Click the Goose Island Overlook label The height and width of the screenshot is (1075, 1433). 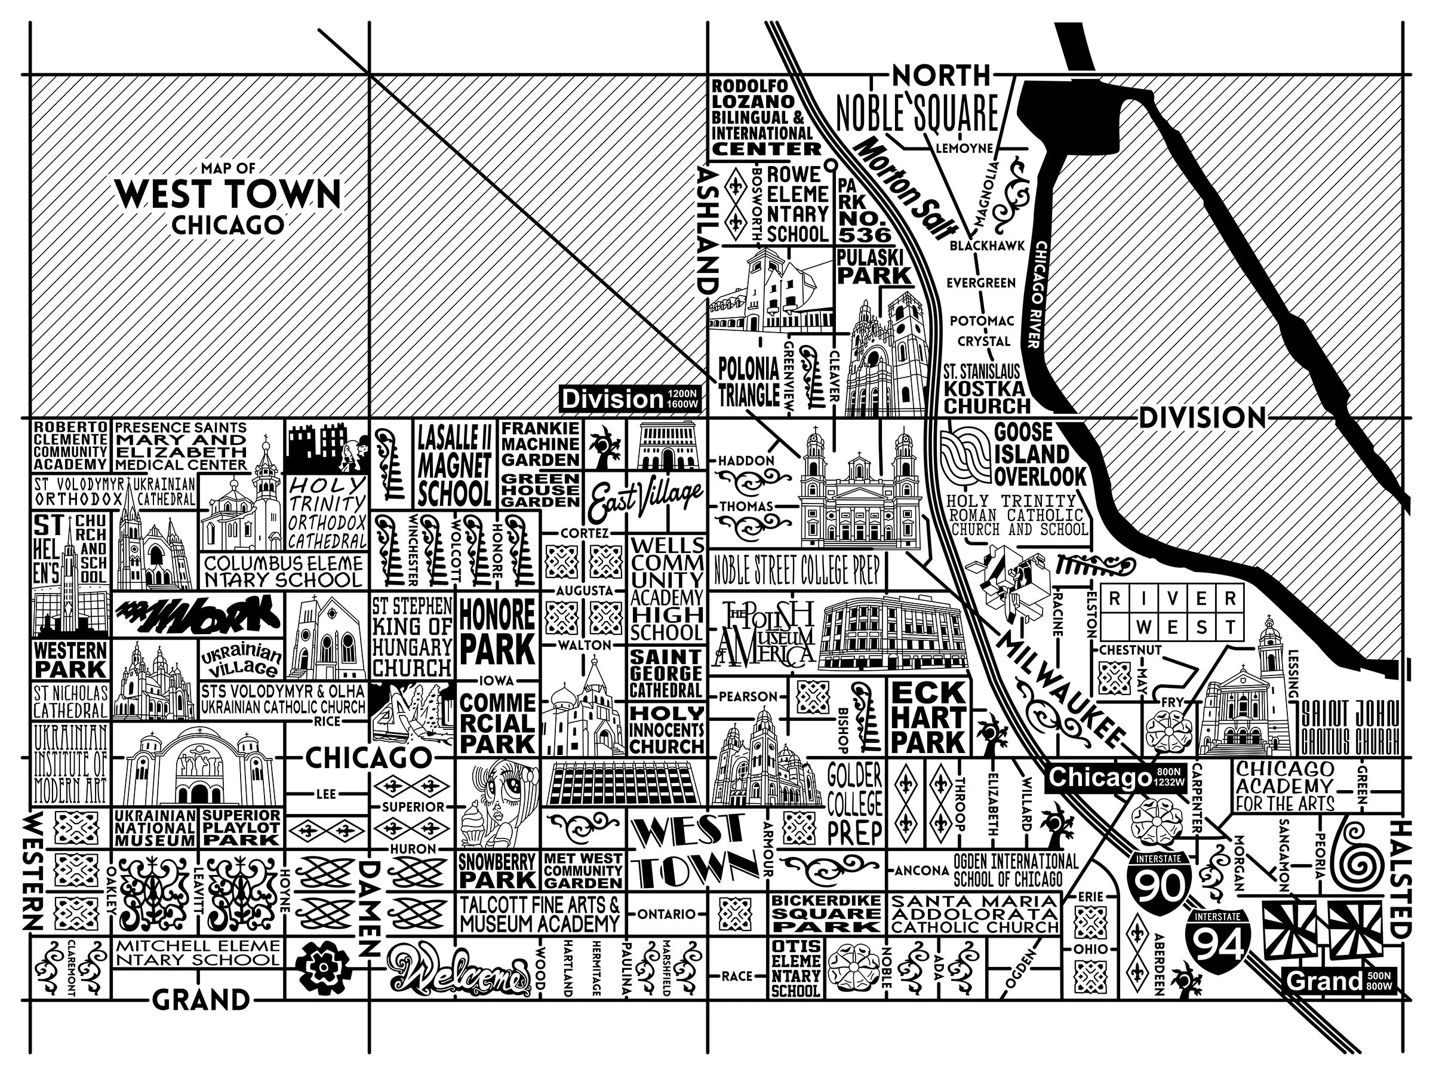[1039, 455]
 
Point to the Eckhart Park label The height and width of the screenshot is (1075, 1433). [928, 717]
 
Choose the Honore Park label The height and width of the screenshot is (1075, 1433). [497, 631]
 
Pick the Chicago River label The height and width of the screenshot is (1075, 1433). [1037, 295]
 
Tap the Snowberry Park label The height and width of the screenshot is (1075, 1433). [497, 870]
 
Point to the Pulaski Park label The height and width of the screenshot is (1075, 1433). [874, 266]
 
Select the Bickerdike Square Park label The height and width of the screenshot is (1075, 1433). [825, 913]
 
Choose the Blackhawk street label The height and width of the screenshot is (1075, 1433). [986, 246]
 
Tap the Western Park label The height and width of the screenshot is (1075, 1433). [70, 660]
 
